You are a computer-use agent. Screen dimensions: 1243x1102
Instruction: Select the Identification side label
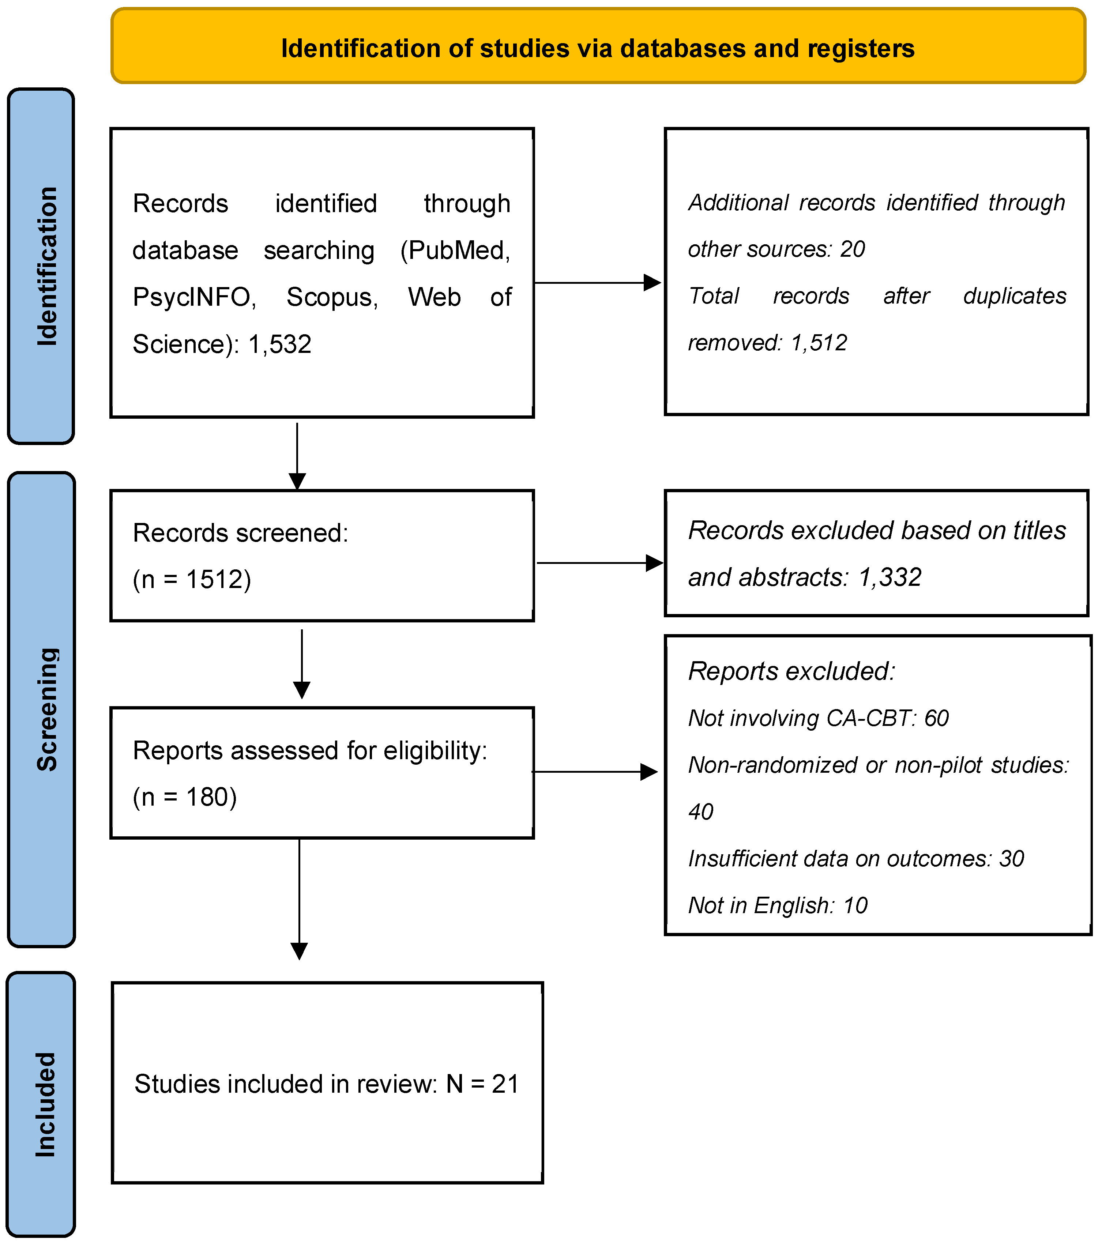tap(46, 266)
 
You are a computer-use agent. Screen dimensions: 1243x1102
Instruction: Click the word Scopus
tap(332, 297)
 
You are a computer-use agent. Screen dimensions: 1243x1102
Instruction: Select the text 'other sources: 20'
tap(776, 249)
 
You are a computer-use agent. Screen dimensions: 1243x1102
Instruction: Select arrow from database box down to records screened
tap(297, 456)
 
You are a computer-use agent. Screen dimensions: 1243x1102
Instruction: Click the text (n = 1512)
tap(192, 580)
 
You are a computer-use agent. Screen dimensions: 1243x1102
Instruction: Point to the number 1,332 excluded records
tap(890, 577)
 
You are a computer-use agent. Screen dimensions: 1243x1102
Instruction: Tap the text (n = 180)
tap(184, 797)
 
